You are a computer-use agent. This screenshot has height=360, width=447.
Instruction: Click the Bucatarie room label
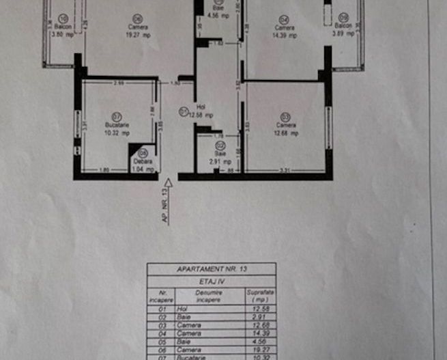pyautogui.click(x=116, y=125)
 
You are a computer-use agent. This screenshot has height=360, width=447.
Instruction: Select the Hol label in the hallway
pyautogui.click(x=201, y=107)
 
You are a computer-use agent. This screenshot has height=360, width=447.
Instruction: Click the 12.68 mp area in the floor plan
pyautogui.click(x=285, y=135)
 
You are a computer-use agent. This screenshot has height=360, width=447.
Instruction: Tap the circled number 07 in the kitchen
pyautogui.click(x=116, y=116)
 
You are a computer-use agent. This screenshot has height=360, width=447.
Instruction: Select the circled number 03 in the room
pyautogui.click(x=285, y=116)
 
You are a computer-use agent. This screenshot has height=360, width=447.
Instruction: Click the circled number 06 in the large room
pyautogui.click(x=137, y=18)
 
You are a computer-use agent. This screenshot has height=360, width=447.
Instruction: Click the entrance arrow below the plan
pyautogui.click(x=168, y=184)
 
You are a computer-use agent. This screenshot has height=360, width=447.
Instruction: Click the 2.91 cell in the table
pyautogui.click(x=257, y=316)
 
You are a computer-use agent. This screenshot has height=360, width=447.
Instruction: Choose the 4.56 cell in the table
pyautogui.click(x=257, y=341)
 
